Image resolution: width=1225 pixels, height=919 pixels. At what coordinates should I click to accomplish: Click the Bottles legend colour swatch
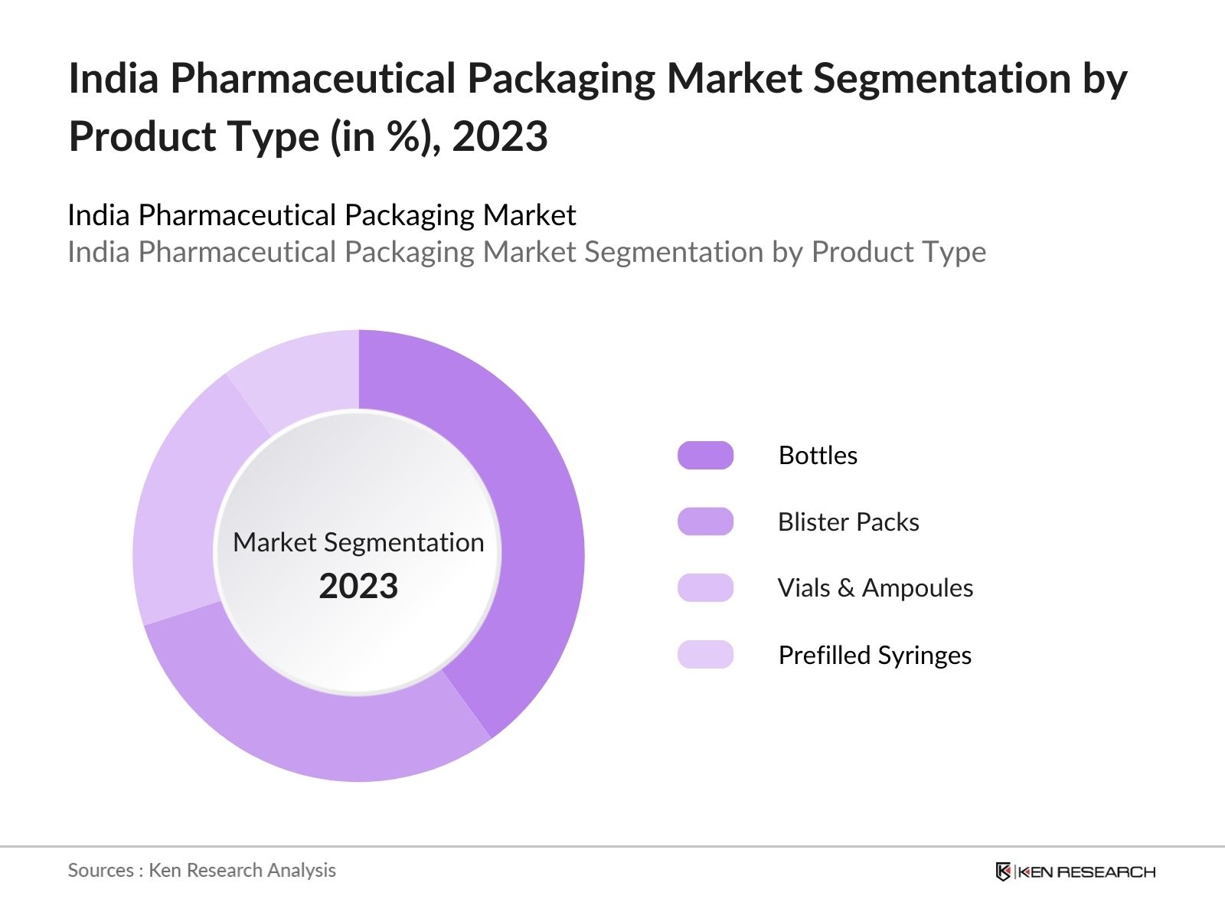click(705, 455)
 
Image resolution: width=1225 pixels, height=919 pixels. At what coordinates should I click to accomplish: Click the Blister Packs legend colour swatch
click(705, 522)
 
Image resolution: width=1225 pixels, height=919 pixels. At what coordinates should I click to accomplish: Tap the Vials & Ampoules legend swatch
click(705, 587)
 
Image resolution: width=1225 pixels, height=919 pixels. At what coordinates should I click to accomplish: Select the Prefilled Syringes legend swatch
click(705, 655)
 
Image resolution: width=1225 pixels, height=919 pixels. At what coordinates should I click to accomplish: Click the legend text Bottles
click(818, 455)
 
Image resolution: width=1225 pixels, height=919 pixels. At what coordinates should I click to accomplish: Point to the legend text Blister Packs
click(848, 522)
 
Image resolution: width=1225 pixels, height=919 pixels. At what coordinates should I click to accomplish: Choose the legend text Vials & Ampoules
click(875, 587)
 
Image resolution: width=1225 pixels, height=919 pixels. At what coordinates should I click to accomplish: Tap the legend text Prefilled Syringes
click(874, 655)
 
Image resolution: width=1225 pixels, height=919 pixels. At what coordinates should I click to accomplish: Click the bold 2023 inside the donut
click(358, 586)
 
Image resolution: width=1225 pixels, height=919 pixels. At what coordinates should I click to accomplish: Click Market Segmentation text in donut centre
click(358, 542)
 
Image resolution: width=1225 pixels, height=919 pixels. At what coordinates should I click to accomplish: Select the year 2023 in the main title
click(500, 136)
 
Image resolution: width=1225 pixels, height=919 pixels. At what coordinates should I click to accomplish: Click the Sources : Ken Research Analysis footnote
click(201, 870)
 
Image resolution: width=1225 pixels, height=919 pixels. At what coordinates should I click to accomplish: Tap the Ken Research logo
click(1075, 872)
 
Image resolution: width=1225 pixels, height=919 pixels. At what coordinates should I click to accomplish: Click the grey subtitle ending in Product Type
click(526, 252)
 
